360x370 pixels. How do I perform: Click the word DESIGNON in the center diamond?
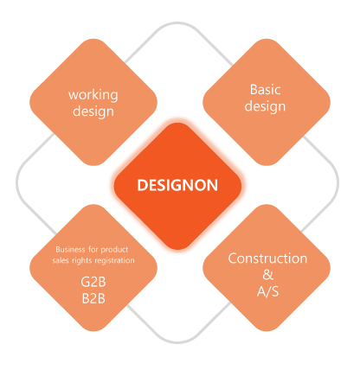(177, 185)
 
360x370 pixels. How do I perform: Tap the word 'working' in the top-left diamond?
(93, 95)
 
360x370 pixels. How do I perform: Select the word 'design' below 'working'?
(93, 112)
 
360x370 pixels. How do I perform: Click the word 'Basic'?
(266, 90)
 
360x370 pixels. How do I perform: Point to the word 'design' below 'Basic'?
(265, 106)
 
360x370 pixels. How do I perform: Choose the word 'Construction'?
(267, 258)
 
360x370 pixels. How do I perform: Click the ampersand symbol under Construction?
(267, 275)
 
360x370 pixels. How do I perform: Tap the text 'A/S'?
(267, 291)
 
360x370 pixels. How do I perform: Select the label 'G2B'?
(93, 282)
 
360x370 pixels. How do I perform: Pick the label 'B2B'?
(93, 298)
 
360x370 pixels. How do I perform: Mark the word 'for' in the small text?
(93, 249)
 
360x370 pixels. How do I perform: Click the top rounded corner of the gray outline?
(177, 22)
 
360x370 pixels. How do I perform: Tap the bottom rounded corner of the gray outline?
(177, 342)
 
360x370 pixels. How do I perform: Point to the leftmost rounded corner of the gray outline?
(17, 182)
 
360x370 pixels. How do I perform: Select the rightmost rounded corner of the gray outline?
(337, 182)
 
